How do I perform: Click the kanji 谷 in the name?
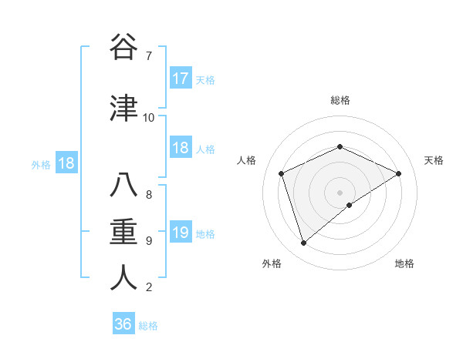(x=123, y=48)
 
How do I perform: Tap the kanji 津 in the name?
(x=123, y=108)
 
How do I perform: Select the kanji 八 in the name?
(x=123, y=186)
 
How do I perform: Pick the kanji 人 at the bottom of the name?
(x=123, y=277)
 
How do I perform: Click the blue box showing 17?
(x=181, y=79)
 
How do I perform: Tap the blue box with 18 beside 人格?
(x=181, y=148)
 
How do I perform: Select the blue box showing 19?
(x=181, y=233)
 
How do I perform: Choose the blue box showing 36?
(x=123, y=324)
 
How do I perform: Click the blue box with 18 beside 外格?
(x=66, y=163)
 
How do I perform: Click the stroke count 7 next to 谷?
(x=148, y=56)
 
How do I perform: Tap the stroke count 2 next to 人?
(x=148, y=287)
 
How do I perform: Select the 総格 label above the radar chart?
(x=340, y=100)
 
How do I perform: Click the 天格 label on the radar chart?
(x=434, y=160)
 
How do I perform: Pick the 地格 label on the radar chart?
(x=404, y=263)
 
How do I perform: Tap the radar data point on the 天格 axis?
(x=398, y=173)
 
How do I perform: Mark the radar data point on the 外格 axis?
(x=303, y=243)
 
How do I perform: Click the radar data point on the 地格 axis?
(x=350, y=205)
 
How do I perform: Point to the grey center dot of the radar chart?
(x=340, y=192)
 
